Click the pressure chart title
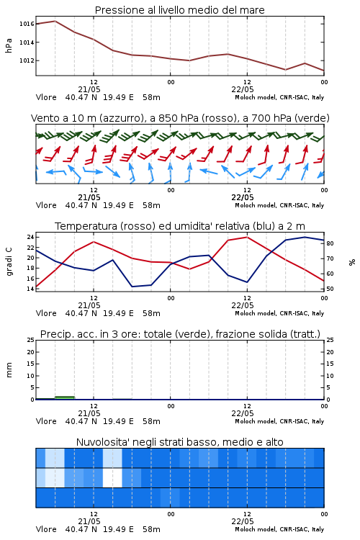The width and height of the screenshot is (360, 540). pos(179,10)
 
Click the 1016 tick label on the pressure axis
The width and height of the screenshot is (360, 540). pos(27,24)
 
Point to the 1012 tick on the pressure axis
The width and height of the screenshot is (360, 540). pos(27,60)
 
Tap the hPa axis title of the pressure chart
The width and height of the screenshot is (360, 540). pos(9,45)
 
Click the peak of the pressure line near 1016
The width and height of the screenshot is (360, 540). pos(55,21)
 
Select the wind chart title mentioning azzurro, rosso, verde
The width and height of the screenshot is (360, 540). pos(180,118)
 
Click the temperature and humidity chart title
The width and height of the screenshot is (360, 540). pos(180,226)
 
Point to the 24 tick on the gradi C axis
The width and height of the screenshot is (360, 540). pos(30,237)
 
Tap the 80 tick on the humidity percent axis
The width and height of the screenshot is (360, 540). pos(330,243)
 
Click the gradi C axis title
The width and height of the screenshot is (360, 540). pos(9,261)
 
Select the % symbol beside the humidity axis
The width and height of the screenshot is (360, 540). pos(352,262)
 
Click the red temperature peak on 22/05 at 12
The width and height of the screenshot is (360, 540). pos(247,237)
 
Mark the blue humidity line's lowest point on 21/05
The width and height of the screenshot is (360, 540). pos(132,287)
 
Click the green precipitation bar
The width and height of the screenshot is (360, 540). pos(65,397)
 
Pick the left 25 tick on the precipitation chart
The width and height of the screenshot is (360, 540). pos(30,340)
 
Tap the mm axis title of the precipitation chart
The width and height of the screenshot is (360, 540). pos(9,370)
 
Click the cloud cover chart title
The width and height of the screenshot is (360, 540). pos(179,442)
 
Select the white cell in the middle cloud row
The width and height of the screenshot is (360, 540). pos(112,477)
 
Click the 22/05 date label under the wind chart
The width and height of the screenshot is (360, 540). pos(243,197)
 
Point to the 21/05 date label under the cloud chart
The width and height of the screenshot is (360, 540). pos(89,521)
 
